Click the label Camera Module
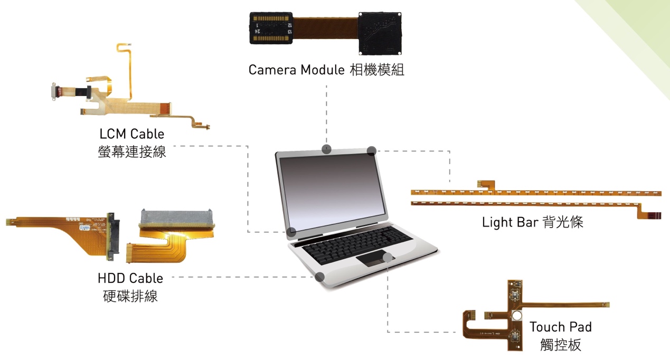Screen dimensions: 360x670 pyautogui.click(x=296, y=70)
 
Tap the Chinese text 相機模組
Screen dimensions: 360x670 pyautogui.click(x=377, y=70)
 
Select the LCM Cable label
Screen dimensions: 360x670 pyautogui.click(x=131, y=134)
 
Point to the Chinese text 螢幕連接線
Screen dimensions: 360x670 pyautogui.click(x=131, y=152)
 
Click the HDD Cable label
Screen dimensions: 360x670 pyautogui.click(x=130, y=278)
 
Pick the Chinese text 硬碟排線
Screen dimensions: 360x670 pyautogui.click(x=130, y=296)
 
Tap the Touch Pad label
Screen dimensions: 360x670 pyautogui.click(x=560, y=327)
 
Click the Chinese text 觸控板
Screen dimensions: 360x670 pyautogui.click(x=560, y=345)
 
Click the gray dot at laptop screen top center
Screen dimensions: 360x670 pyautogui.click(x=327, y=148)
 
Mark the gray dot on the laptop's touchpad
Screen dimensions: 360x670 pyautogui.click(x=389, y=257)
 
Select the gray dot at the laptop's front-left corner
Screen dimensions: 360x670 pyautogui.click(x=319, y=277)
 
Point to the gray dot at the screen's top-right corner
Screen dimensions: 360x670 pyautogui.click(x=371, y=150)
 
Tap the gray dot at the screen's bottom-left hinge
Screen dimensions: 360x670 pyautogui.click(x=291, y=232)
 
